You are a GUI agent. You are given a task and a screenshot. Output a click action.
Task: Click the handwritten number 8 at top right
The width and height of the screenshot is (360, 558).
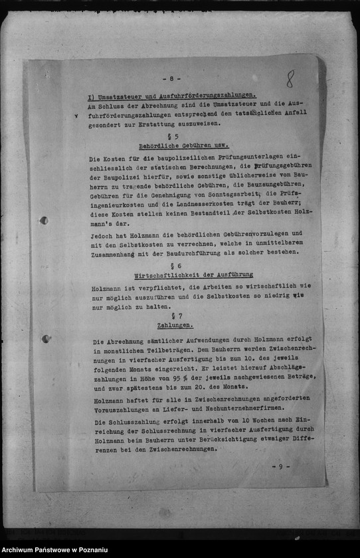290,79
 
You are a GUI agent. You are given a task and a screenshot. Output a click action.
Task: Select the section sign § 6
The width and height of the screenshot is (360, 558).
175,264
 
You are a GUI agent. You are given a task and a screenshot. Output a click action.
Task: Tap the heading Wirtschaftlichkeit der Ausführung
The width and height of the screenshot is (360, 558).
193,274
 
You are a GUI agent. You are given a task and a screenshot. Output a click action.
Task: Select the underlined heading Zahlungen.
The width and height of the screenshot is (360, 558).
175,325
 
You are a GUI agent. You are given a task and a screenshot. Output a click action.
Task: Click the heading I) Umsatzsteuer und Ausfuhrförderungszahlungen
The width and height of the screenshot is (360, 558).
171,96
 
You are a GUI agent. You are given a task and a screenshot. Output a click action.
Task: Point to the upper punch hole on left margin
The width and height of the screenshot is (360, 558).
43,221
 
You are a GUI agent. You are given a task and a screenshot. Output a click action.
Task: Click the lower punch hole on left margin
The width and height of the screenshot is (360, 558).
46,339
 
